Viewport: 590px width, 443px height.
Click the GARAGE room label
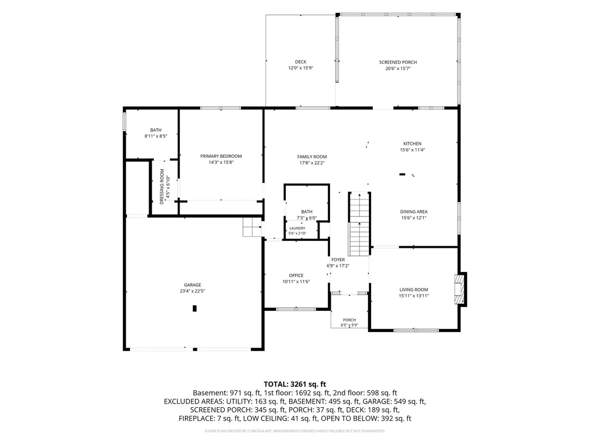(192, 285)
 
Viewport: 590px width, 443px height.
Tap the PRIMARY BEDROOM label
(221, 156)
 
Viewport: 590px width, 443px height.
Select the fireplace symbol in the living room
(461, 289)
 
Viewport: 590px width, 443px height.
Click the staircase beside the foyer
(359, 224)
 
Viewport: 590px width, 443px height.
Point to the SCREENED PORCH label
(398, 62)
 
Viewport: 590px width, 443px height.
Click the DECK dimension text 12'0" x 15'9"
(301, 68)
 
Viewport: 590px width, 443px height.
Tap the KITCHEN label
(412, 143)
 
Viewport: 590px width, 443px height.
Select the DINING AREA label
(414, 212)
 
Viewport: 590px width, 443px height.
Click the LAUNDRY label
(297, 228)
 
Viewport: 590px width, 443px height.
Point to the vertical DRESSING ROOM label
(162, 187)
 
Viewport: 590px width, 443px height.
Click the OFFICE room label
(296, 276)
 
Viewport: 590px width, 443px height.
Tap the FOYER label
(338, 260)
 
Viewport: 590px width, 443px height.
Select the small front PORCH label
(349, 320)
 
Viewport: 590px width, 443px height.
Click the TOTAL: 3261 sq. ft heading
(294, 384)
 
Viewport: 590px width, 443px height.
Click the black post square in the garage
(194, 309)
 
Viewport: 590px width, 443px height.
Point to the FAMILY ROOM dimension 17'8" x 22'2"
(312, 163)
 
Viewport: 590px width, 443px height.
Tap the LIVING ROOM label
(414, 289)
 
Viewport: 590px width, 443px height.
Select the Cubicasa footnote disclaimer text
(294, 431)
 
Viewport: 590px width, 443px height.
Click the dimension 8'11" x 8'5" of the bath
(156, 136)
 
